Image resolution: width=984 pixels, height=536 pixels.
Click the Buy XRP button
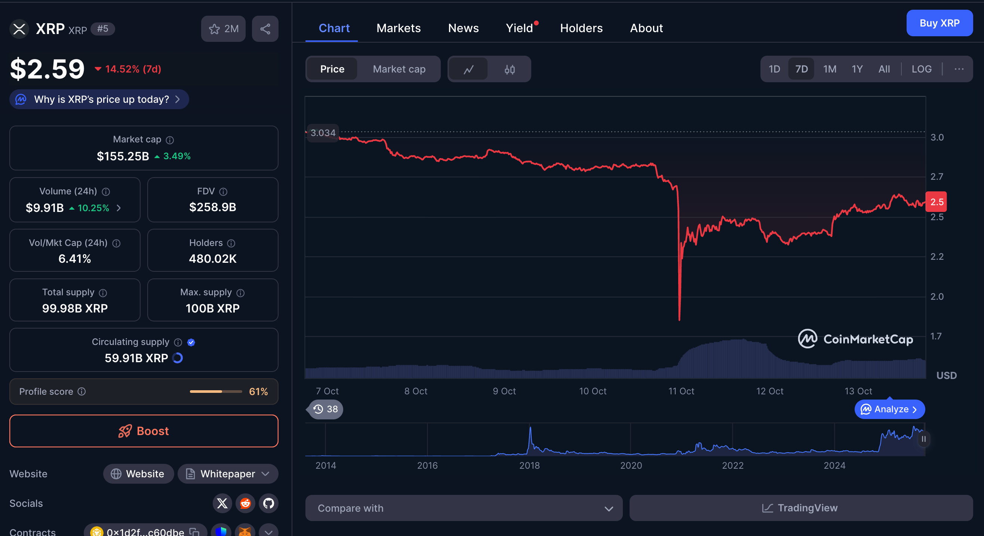[x=939, y=23]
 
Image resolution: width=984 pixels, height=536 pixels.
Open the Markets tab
[x=399, y=28]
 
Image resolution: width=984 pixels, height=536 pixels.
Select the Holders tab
[x=581, y=28]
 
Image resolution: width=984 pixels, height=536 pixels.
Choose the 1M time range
[x=829, y=69]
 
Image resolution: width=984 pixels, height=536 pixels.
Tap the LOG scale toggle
[x=921, y=69]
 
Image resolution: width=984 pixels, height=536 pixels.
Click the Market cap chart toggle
[x=399, y=69]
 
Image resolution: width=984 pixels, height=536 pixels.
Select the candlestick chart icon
[x=509, y=69]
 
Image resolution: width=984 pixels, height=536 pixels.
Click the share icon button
[x=265, y=29]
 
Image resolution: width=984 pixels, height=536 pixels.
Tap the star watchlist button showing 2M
[x=224, y=29]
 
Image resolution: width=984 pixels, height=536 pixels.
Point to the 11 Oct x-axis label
[x=681, y=391]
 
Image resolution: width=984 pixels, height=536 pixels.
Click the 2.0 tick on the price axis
[x=937, y=296]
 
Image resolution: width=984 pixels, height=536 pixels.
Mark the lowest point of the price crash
[x=679, y=319]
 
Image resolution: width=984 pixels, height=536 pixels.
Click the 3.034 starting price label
[x=323, y=133]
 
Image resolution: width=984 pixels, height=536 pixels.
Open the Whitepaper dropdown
[x=228, y=474]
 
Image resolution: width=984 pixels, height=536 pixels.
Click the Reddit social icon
[x=245, y=503]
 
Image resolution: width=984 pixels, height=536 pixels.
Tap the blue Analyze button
[x=889, y=409]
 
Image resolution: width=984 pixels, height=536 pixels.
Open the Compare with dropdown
[x=464, y=508]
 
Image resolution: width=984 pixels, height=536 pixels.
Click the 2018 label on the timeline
[x=529, y=465]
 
